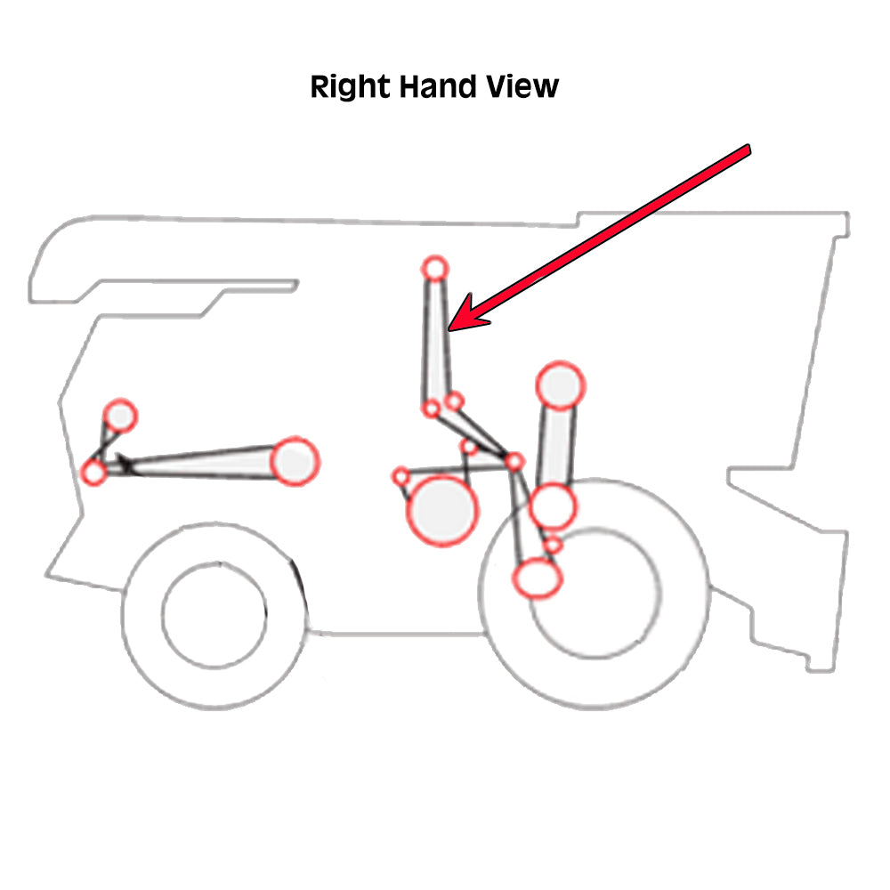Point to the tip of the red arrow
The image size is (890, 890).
point(450,329)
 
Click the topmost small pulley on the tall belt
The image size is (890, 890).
point(434,267)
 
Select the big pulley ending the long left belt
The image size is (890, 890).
point(294,461)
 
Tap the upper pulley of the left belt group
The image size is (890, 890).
point(120,415)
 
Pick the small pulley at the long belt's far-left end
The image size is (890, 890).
point(94,472)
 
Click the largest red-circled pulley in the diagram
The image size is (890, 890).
point(441,510)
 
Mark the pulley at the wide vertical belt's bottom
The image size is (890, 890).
point(553,506)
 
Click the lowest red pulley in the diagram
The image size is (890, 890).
point(537,578)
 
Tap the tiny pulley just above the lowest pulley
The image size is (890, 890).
point(554,544)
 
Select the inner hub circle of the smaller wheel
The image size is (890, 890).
point(214,613)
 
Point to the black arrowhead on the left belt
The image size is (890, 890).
point(125,463)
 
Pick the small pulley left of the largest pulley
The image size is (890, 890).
point(400,476)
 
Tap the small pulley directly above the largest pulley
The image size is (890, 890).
point(469,447)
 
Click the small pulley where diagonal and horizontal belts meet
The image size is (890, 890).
point(514,461)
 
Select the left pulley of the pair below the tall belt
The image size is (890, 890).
point(431,409)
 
